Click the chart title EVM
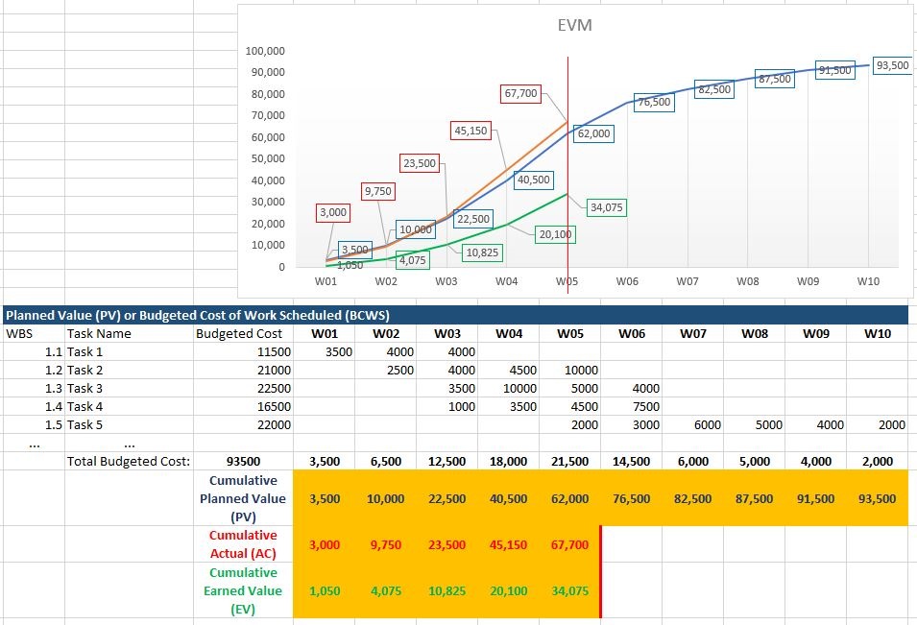(574, 26)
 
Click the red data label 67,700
(521, 94)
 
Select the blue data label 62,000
(593, 134)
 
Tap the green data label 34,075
(606, 207)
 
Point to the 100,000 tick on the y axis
(265, 51)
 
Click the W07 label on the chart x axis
(687, 281)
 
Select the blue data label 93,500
(892, 65)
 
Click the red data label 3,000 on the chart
(332, 212)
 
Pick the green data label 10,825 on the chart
(480, 252)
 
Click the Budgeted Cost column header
(239, 334)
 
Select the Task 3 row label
(84, 388)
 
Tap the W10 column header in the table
(877, 334)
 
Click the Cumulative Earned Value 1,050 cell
(325, 590)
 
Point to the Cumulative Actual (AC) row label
(242, 544)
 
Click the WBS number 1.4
(54, 406)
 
